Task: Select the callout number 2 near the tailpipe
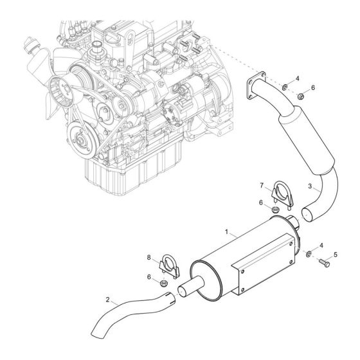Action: coord(110,300)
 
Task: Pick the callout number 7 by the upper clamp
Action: coord(263,186)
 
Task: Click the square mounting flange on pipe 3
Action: coord(256,87)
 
